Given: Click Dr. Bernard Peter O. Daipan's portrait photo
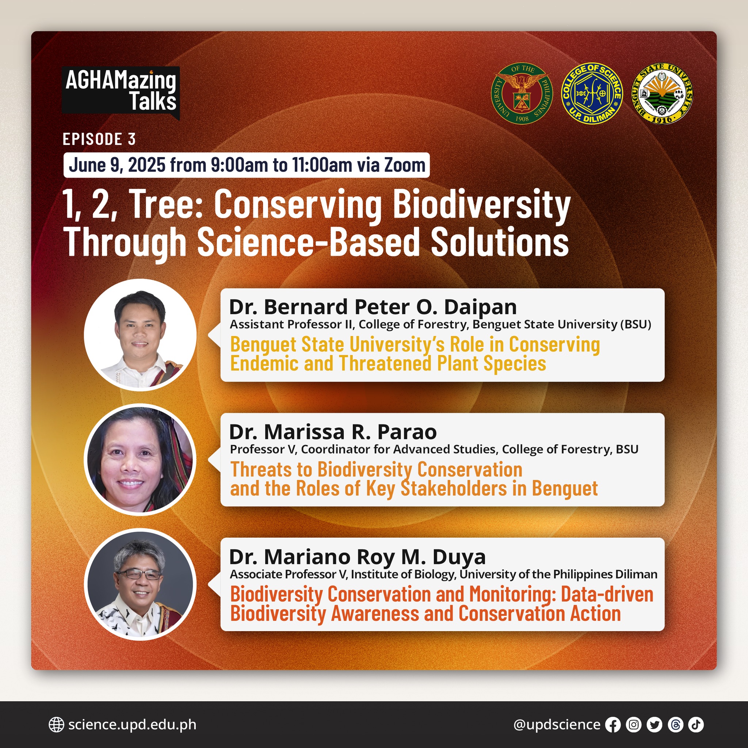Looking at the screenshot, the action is tap(140, 335).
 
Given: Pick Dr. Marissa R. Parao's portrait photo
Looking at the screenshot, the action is tap(140, 459).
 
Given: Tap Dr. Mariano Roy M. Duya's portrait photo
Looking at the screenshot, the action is tap(140, 584).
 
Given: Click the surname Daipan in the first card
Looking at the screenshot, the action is tap(481, 308).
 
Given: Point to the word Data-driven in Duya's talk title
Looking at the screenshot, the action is tap(607, 594).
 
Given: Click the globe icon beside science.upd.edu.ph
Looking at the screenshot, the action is tap(56, 725).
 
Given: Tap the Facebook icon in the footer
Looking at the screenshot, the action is tap(613, 725).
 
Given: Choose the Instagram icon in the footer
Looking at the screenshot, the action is tap(634, 725).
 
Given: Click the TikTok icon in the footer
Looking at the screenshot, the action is tap(696, 725).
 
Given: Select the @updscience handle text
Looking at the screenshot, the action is tap(557, 725).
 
